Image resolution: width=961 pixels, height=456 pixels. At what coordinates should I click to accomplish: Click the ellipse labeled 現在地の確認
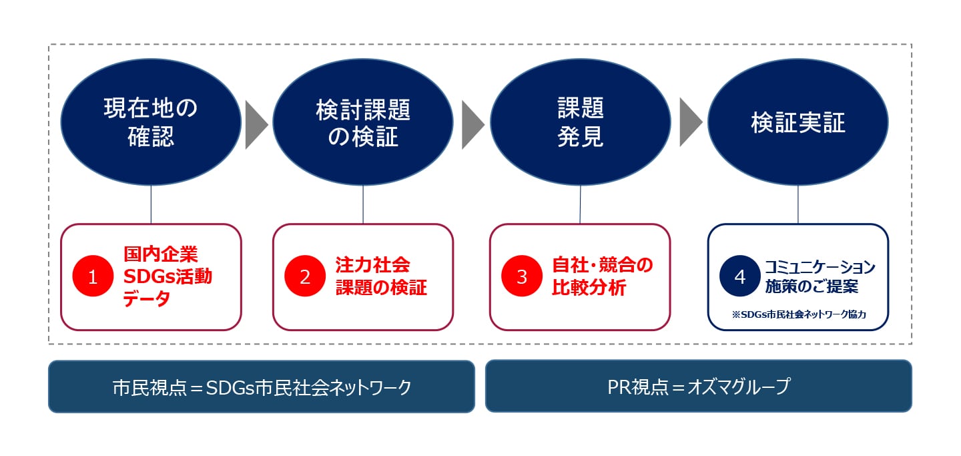pyautogui.click(x=151, y=122)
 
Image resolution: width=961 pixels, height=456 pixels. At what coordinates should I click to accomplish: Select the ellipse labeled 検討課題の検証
pyautogui.click(x=363, y=122)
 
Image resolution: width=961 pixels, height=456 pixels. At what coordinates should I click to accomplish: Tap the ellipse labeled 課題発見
pyautogui.click(x=581, y=122)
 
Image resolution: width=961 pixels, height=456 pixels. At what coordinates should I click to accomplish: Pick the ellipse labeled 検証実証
pyautogui.click(x=798, y=122)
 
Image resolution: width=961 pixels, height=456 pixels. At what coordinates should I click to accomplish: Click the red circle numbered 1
pyautogui.click(x=93, y=276)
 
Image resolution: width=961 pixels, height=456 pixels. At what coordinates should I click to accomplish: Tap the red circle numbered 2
pyautogui.click(x=304, y=276)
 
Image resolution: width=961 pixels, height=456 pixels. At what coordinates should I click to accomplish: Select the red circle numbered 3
pyautogui.click(x=522, y=276)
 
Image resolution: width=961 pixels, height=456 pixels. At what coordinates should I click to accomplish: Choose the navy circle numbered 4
pyautogui.click(x=739, y=276)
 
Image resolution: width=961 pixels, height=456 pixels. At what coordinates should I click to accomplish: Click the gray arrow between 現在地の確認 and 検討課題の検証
pyautogui.click(x=256, y=125)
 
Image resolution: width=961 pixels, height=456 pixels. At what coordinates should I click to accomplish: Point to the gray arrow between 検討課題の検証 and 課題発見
pyautogui.click(x=473, y=125)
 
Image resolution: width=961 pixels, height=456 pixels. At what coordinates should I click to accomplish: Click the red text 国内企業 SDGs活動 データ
pyautogui.click(x=168, y=276)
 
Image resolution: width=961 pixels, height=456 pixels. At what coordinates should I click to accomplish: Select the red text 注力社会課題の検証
pyautogui.click(x=381, y=276)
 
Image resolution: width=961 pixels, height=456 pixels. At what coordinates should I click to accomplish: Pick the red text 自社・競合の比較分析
pyautogui.click(x=603, y=276)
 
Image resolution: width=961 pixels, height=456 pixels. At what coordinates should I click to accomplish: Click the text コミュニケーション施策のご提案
pyautogui.click(x=820, y=276)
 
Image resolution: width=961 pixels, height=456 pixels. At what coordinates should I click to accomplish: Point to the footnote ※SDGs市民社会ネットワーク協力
pyautogui.click(x=799, y=314)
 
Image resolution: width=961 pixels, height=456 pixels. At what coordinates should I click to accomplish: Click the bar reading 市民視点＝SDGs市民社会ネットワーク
pyautogui.click(x=262, y=387)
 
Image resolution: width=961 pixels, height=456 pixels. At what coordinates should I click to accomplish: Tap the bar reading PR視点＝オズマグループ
pyautogui.click(x=699, y=386)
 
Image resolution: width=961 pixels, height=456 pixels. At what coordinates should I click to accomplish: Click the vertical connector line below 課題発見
pyautogui.click(x=580, y=205)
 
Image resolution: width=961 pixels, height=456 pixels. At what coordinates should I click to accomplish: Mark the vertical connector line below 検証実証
pyautogui.click(x=798, y=205)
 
